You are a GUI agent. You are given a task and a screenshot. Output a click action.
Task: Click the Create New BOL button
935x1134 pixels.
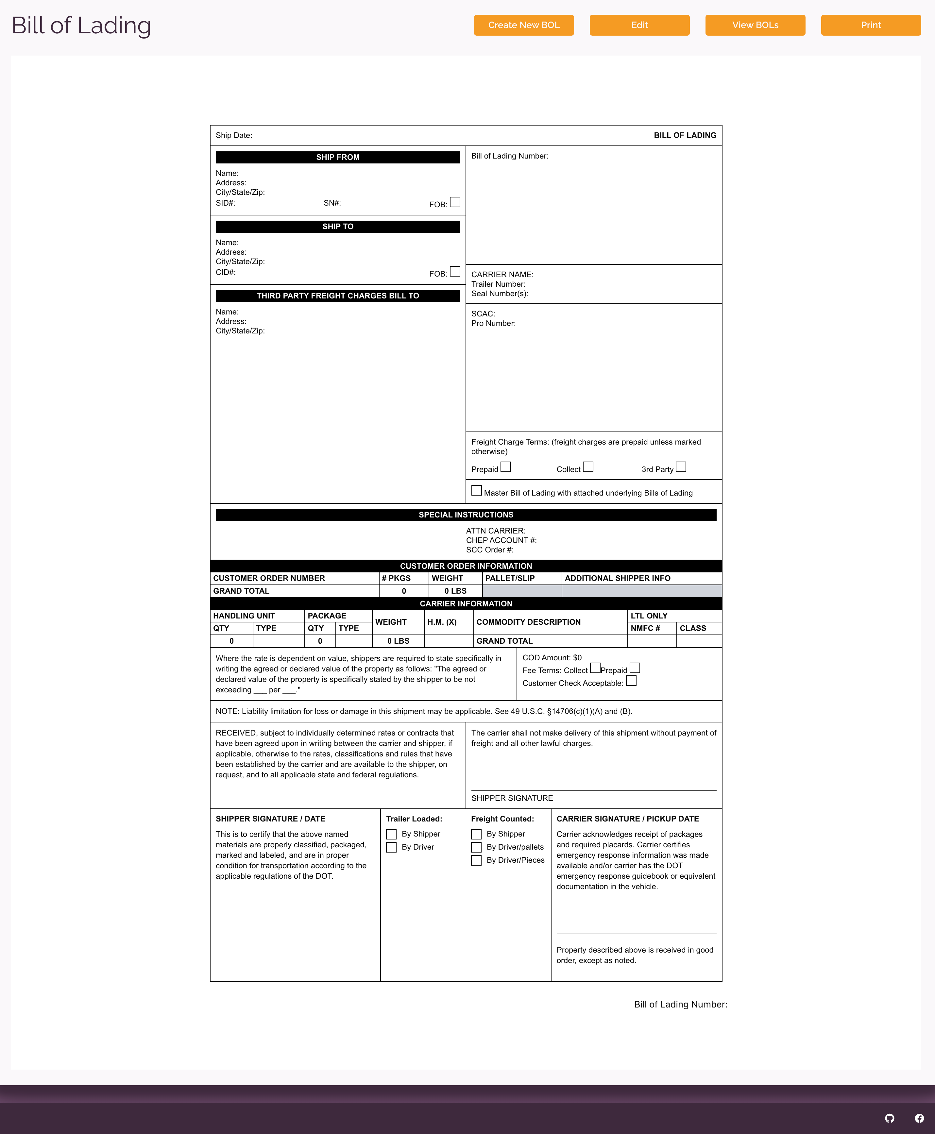(x=523, y=25)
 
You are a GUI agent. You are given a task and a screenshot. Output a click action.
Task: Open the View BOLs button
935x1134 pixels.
(x=755, y=25)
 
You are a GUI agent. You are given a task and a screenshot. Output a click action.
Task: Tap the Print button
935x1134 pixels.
(x=870, y=25)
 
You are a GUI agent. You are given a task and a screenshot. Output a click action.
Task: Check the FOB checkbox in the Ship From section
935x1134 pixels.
(x=455, y=202)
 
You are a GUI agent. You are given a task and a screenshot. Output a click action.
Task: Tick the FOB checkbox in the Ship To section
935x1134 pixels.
(x=455, y=271)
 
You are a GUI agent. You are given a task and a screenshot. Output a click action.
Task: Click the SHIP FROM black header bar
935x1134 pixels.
(x=338, y=157)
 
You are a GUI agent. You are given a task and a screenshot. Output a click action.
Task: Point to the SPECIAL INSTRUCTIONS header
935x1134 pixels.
(x=466, y=515)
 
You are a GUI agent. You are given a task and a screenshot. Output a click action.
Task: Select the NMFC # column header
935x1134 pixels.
(x=645, y=628)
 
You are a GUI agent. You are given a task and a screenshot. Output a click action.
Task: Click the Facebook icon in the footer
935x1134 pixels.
(x=919, y=1118)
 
